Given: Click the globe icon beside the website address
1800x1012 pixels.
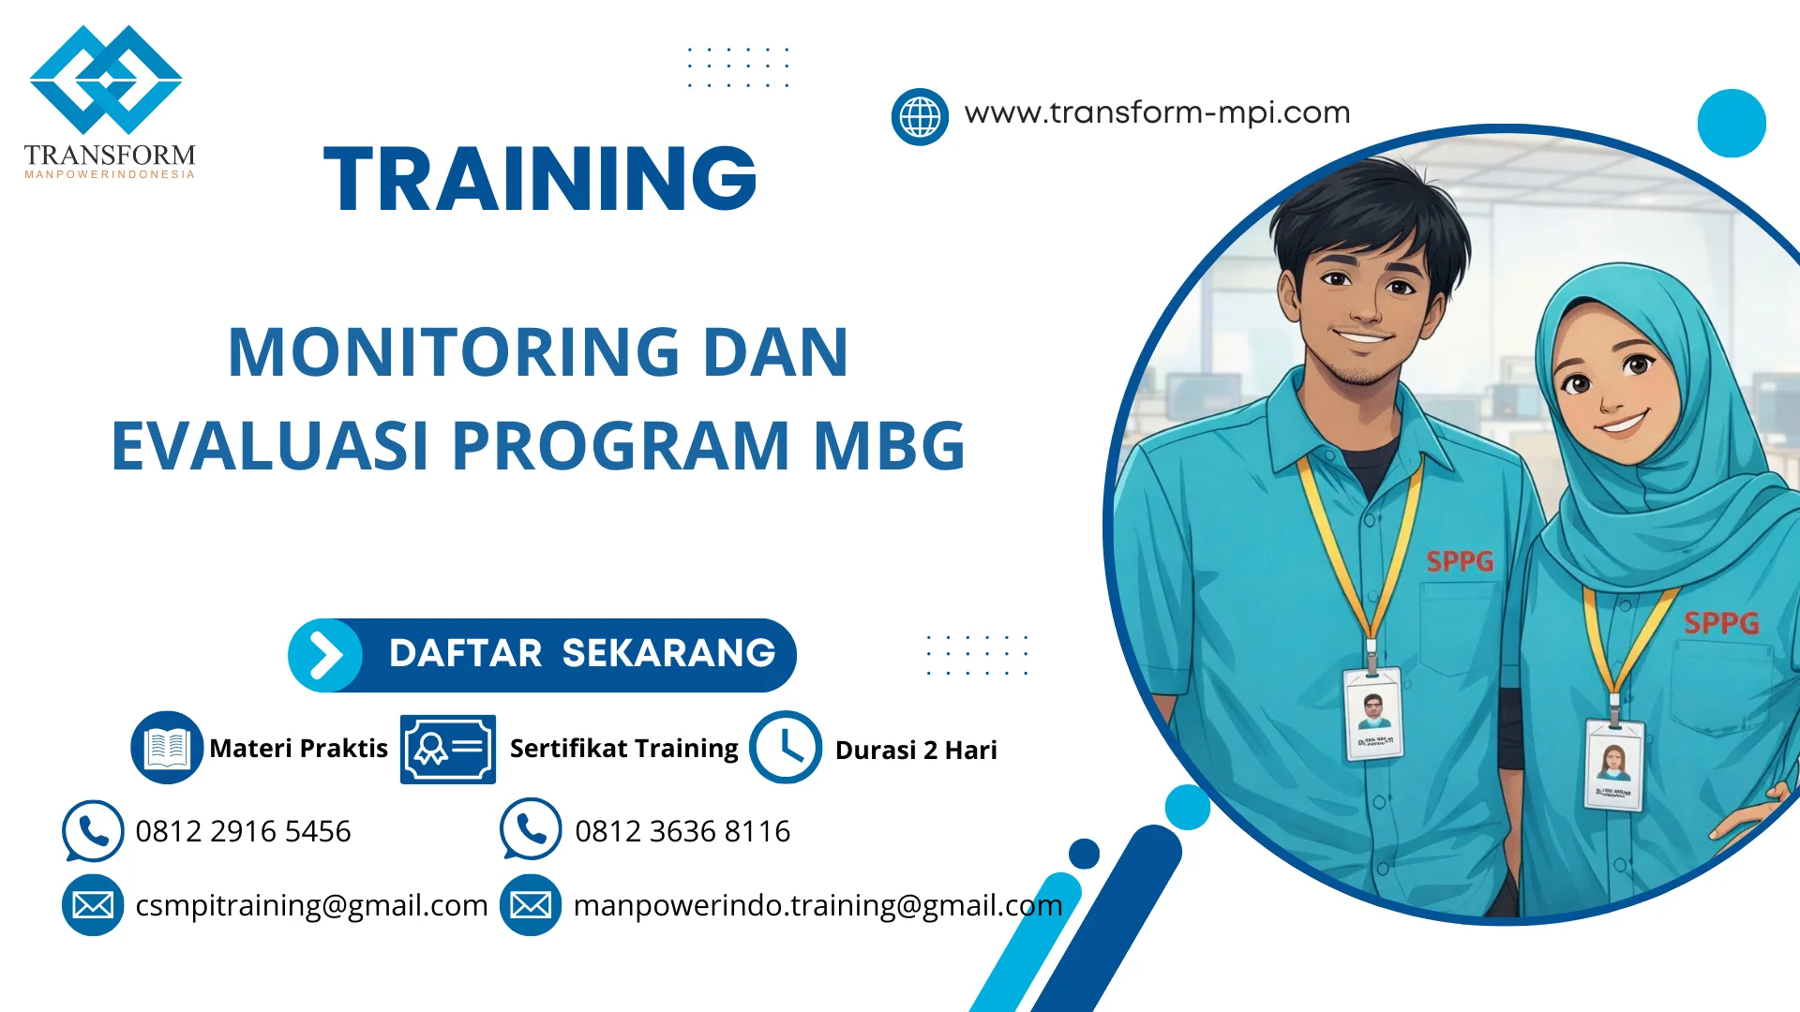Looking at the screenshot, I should click(920, 117).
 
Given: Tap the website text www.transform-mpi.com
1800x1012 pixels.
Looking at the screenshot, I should click(1157, 112).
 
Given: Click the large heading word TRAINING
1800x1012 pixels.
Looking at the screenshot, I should click(540, 179).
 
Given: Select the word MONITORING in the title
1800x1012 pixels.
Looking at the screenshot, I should click(454, 352).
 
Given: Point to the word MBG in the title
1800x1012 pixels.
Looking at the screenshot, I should click(889, 446).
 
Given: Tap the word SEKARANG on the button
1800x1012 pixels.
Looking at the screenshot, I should click(668, 653).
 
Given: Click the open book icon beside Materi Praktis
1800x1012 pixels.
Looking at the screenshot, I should click(167, 748).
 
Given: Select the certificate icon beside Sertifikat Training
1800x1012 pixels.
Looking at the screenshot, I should click(448, 749).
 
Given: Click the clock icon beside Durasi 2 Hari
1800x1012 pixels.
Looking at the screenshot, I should click(786, 748).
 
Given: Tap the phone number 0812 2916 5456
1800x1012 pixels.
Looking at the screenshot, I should click(243, 831).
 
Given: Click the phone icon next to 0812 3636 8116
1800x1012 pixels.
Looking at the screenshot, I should click(531, 829).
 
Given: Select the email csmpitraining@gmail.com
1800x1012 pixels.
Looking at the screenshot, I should click(311, 905).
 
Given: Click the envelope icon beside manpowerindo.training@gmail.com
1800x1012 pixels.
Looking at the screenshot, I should click(531, 905).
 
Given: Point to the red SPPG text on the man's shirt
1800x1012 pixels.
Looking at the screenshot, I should click(1460, 561).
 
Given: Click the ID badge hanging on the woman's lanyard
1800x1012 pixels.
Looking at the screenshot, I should click(1614, 765).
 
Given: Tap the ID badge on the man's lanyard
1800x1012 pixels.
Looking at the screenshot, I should click(1373, 714).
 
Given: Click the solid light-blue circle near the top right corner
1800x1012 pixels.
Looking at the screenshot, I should click(1732, 123).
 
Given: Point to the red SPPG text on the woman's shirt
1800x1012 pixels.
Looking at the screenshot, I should click(1721, 623).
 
